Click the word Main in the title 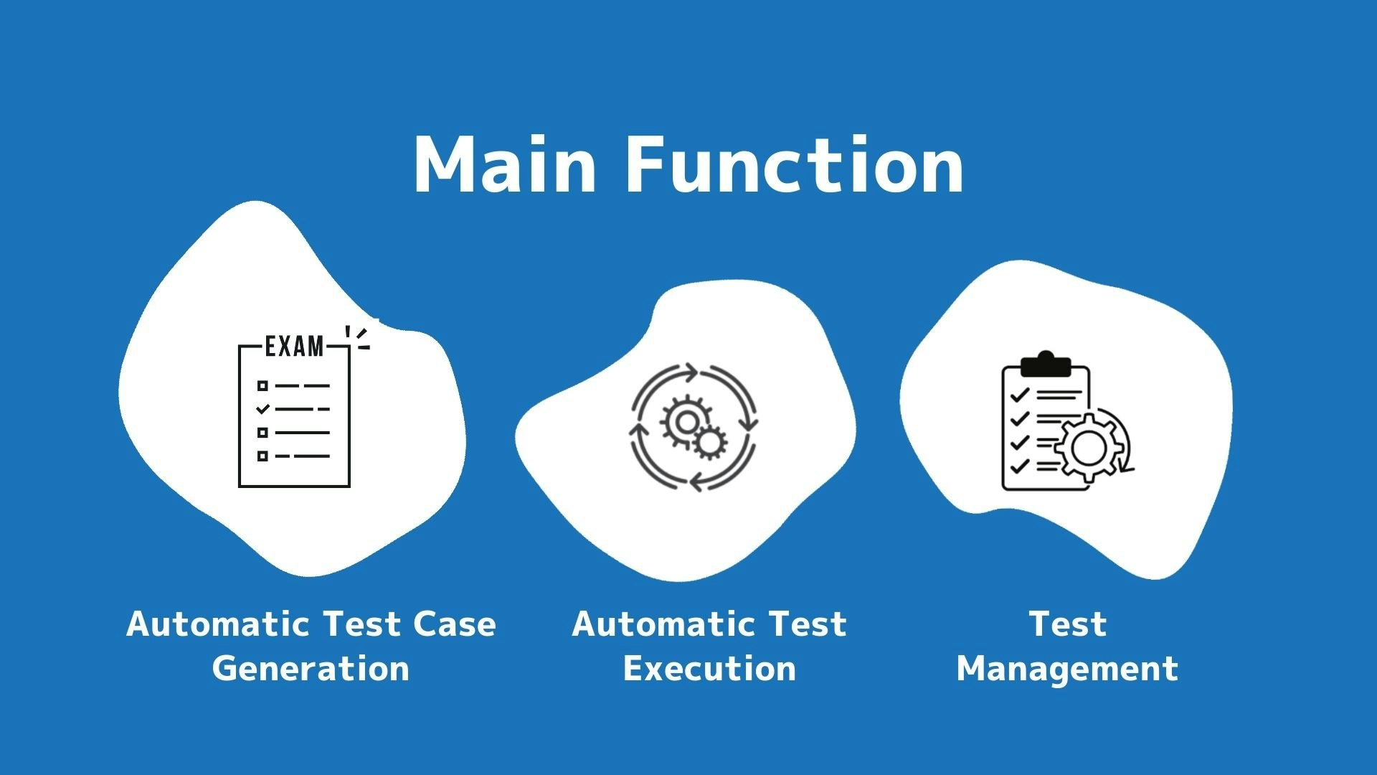pos(504,166)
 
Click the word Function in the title pos(795,166)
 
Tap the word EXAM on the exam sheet pos(294,347)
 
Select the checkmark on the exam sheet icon pos(263,409)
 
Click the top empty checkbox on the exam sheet pos(262,386)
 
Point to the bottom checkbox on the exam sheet pos(262,456)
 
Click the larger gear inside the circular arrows pos(685,422)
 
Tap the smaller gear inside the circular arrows pos(710,443)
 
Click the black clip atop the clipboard pos(1046,365)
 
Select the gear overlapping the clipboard pos(1089,448)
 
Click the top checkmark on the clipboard pos(1019,395)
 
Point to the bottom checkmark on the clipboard pos(1019,466)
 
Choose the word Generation pos(311,669)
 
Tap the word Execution pos(709,669)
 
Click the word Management pos(1067,669)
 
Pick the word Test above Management pos(1068,624)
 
